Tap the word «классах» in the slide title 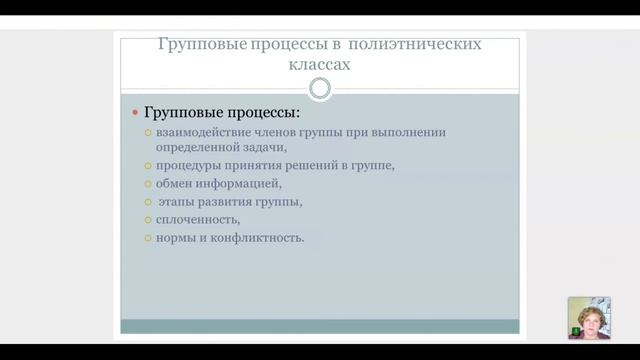point(320,65)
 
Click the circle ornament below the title point(320,89)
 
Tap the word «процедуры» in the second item point(186,166)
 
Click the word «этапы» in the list point(176,202)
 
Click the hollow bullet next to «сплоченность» point(147,220)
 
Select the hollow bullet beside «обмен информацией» point(147,184)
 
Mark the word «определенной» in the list point(195,148)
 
